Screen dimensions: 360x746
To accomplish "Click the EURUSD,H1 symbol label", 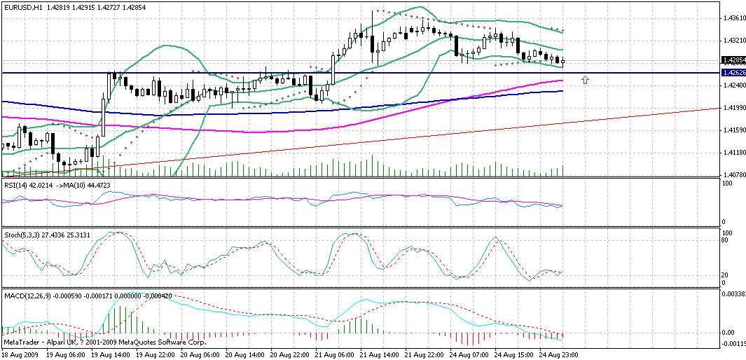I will click(x=23, y=6).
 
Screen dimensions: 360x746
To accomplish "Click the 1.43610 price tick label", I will click(x=735, y=18).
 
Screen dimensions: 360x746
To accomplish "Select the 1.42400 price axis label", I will click(x=735, y=85).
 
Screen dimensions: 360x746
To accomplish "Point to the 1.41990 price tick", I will click(x=735, y=108).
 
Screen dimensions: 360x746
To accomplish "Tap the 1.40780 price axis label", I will click(x=735, y=174).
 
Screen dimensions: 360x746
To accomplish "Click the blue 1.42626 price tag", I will click(x=733, y=73).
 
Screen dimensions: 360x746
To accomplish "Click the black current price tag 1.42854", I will click(x=733, y=60).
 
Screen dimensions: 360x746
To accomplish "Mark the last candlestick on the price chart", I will click(x=563, y=61).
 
